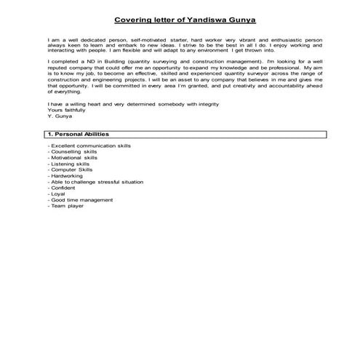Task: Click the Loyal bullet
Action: pos(57,193)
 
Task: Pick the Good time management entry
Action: pos(81,199)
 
